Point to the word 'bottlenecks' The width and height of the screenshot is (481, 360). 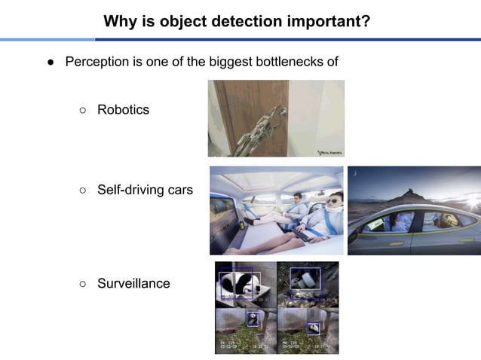288,62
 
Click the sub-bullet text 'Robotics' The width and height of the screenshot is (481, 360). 123,110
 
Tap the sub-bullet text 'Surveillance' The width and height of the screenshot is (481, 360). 133,283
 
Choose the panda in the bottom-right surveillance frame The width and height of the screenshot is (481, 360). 313,328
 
